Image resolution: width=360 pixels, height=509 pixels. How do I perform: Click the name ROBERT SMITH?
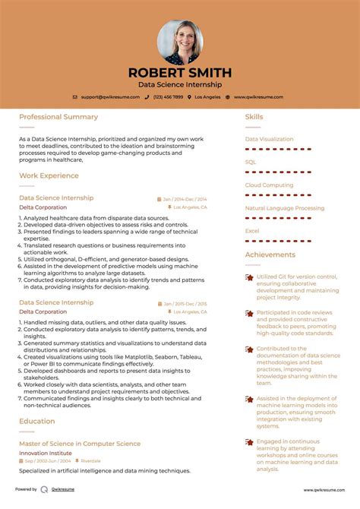click(180, 73)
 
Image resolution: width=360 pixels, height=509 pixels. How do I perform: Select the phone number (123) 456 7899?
click(169, 97)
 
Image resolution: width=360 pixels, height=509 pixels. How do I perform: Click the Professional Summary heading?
click(58, 117)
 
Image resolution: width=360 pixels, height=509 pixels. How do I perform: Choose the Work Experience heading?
click(49, 175)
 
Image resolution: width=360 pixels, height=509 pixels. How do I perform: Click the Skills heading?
click(254, 117)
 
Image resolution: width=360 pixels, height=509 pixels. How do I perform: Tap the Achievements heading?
click(270, 254)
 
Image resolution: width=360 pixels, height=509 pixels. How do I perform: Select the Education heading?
click(36, 420)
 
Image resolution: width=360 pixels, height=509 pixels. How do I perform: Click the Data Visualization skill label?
click(269, 139)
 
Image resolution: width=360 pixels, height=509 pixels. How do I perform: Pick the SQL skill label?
click(251, 162)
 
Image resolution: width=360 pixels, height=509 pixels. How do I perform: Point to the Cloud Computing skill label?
click(269, 185)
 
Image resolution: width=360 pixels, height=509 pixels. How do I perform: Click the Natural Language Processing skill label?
click(284, 207)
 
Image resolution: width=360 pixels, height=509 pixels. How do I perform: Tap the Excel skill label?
click(252, 230)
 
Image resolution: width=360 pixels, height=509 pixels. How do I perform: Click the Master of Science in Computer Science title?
click(80, 444)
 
